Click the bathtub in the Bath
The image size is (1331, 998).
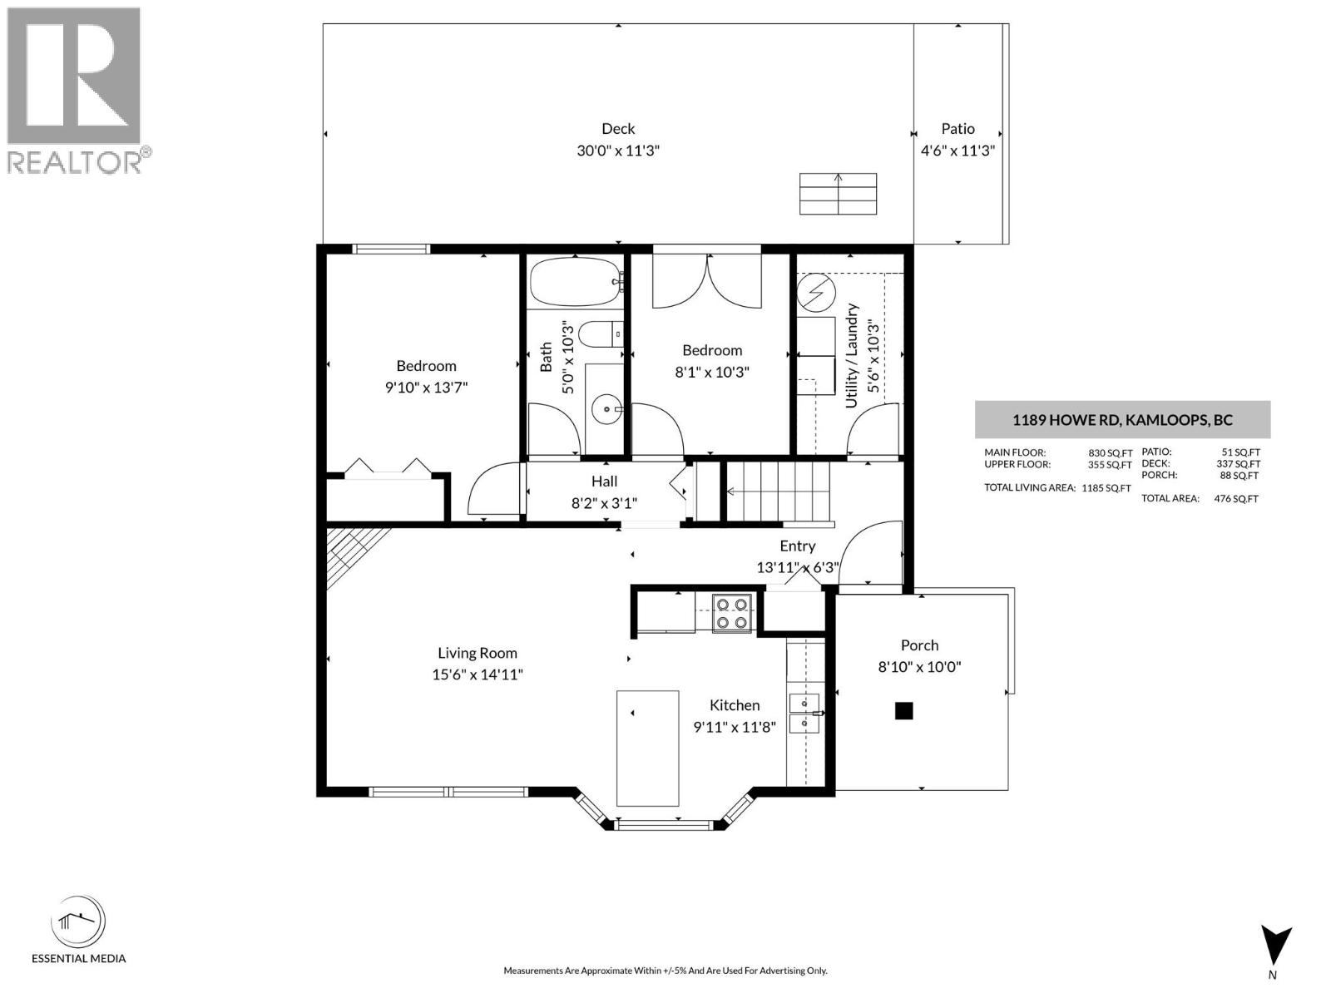pyautogui.click(x=575, y=282)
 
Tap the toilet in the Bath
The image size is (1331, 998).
pyautogui.click(x=596, y=333)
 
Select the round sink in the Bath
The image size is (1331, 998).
pyautogui.click(x=608, y=408)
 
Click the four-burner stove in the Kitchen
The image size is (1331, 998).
pyautogui.click(x=732, y=613)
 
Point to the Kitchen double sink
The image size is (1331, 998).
pyautogui.click(x=804, y=713)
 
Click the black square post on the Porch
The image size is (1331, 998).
pyautogui.click(x=903, y=711)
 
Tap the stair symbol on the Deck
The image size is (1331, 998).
pyautogui.click(x=838, y=194)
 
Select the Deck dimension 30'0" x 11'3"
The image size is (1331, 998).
pyautogui.click(x=618, y=151)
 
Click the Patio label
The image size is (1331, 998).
pyautogui.click(x=957, y=129)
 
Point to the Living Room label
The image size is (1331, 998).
pyautogui.click(x=477, y=653)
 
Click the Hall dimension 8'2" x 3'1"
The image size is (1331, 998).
pyautogui.click(x=604, y=502)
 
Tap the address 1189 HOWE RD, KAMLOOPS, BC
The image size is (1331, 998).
pyautogui.click(x=1121, y=420)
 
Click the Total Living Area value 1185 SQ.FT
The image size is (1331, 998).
pyautogui.click(x=1106, y=488)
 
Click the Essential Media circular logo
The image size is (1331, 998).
pyautogui.click(x=78, y=922)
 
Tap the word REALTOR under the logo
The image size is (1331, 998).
pyautogui.click(x=73, y=161)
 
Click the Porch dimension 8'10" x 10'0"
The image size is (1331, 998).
pyautogui.click(x=919, y=666)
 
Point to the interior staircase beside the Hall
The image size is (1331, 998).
pyautogui.click(x=778, y=492)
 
